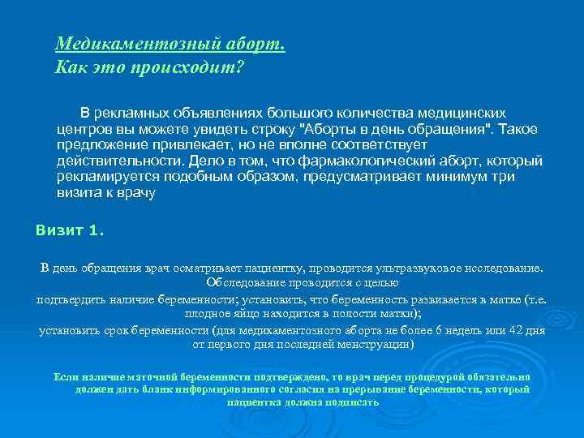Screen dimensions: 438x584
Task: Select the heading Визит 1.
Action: tap(70, 230)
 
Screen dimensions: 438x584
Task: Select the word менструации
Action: tap(379, 345)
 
